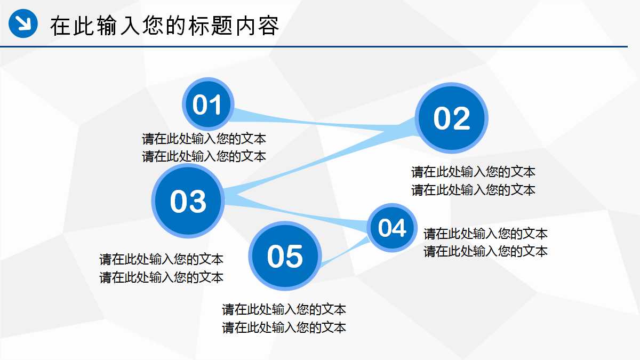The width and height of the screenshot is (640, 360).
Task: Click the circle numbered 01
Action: pyautogui.click(x=207, y=105)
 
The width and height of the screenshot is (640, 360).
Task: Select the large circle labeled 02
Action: pyautogui.click(x=452, y=118)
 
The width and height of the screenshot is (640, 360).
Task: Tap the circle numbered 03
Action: pyautogui.click(x=188, y=201)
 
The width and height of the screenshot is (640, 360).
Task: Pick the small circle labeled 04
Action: pyautogui.click(x=393, y=228)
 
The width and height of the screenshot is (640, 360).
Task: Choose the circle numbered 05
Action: pyautogui.click(x=285, y=256)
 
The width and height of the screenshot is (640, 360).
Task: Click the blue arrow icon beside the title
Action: pyautogui.click(x=23, y=23)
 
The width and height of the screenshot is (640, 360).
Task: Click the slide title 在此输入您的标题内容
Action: pyautogui.click(x=164, y=26)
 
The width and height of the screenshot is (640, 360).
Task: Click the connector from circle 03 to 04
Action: pyautogui.click(x=299, y=213)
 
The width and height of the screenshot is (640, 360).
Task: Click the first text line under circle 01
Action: pyautogui.click(x=204, y=139)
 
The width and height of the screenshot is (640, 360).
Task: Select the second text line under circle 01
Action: pyautogui.click(x=204, y=156)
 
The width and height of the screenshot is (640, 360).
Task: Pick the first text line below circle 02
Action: pyautogui.click(x=473, y=172)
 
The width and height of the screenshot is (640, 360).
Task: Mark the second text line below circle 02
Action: pyautogui.click(x=473, y=189)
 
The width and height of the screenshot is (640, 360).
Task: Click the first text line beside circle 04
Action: pyautogui.click(x=485, y=234)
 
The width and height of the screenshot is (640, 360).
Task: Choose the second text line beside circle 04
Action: pyautogui.click(x=485, y=251)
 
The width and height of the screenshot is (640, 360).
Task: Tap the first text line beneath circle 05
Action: pyautogui.click(x=284, y=309)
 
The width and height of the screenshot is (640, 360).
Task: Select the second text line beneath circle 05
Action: pyautogui.click(x=284, y=327)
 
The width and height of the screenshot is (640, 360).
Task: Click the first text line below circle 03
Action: pyautogui.click(x=161, y=260)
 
